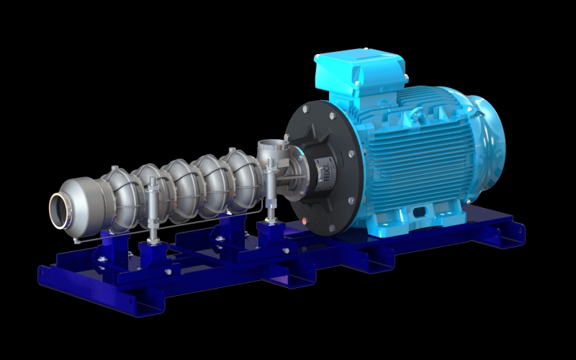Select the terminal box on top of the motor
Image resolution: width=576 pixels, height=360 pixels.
pos(358,72)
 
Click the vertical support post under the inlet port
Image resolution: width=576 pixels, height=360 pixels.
pos(271,198)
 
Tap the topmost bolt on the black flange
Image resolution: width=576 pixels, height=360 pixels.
pos(308,109)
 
